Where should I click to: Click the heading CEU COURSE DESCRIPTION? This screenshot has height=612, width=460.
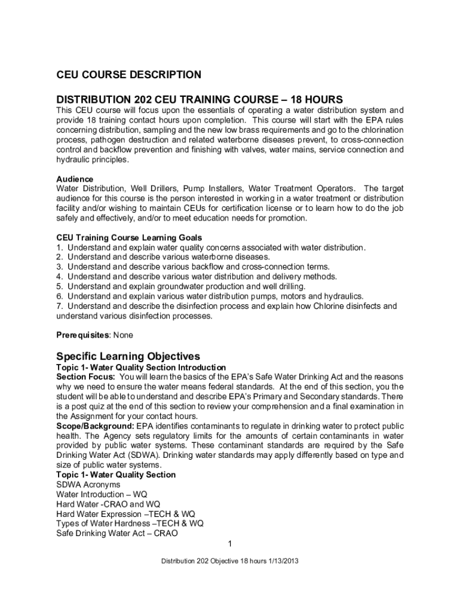tap(128, 75)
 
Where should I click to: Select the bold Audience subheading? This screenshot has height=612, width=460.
tap(75, 179)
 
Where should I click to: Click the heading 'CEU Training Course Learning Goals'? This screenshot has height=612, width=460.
tap(129, 237)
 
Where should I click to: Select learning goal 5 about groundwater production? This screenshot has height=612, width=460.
tap(181, 286)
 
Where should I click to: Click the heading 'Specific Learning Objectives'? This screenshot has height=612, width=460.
tap(128, 356)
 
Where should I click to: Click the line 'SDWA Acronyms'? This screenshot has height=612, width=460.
tap(88, 484)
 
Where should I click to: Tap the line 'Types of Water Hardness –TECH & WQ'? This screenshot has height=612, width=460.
tap(130, 523)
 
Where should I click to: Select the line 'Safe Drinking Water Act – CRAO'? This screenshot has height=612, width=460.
tap(116, 533)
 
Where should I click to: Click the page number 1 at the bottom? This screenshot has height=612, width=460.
tap(230, 543)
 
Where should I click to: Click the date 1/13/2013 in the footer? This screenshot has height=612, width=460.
tap(281, 561)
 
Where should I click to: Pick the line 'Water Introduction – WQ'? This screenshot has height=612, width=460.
tap(102, 494)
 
